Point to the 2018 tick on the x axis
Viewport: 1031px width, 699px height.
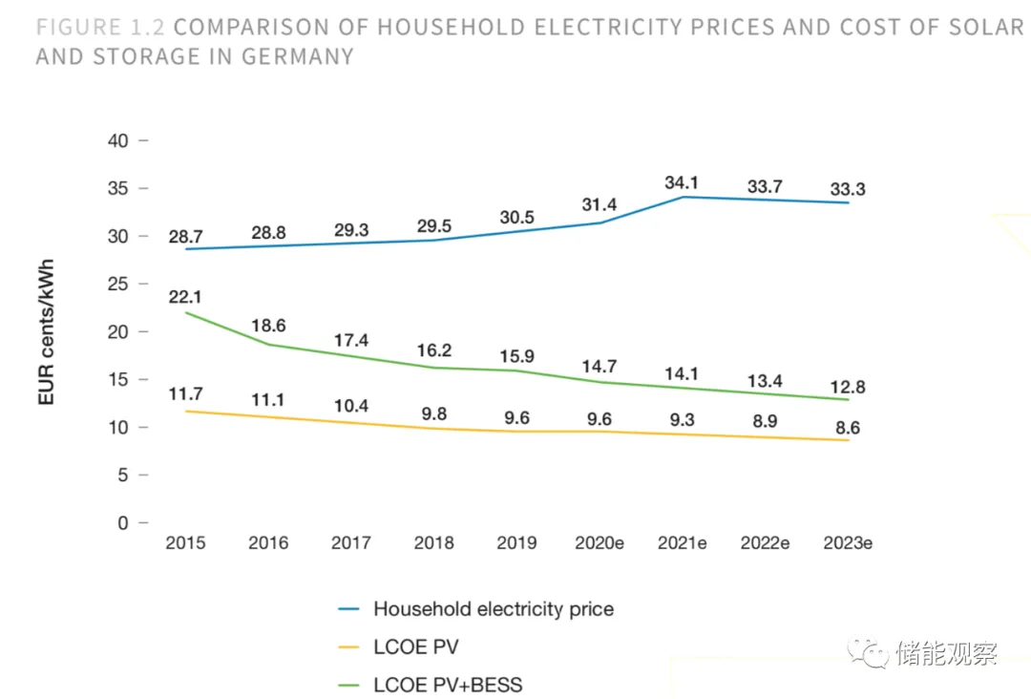(434, 543)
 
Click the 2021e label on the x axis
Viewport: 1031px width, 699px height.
(683, 543)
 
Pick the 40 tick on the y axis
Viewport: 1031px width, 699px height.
(116, 140)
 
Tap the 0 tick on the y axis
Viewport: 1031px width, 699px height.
(122, 523)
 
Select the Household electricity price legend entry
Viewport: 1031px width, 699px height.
(494, 608)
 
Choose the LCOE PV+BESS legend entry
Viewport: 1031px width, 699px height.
(448, 685)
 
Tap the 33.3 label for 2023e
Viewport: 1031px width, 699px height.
(848, 189)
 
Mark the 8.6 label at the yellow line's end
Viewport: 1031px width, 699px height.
(848, 428)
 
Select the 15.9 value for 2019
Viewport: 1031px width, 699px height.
(516, 356)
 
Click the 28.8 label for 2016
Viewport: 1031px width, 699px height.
(269, 233)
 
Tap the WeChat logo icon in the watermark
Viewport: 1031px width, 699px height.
(871, 654)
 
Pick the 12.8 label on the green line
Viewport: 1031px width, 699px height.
(848, 385)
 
